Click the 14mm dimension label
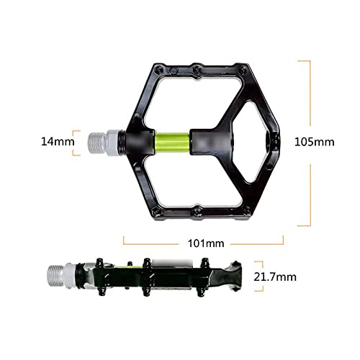point(58,141)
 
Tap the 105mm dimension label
point(315,142)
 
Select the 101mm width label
point(206,243)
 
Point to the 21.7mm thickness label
point(275,277)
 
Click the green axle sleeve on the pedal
point(172,143)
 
